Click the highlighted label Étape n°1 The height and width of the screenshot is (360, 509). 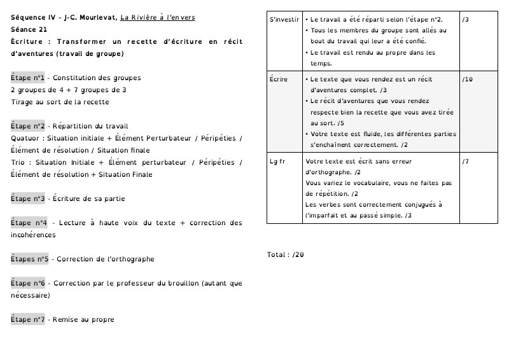click(x=27, y=78)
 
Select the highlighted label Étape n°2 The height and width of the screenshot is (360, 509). click(x=27, y=127)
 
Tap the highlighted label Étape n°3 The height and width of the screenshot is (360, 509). click(x=27, y=199)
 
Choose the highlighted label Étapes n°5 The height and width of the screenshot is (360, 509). click(x=30, y=260)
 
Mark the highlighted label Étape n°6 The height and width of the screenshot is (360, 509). click(x=27, y=284)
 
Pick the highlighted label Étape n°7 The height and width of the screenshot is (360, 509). click(x=27, y=320)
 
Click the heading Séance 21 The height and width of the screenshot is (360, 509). click(x=29, y=30)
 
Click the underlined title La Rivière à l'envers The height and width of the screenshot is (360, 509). click(x=158, y=18)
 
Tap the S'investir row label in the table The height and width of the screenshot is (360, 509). click(x=284, y=20)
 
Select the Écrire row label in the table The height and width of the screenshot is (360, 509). click(x=279, y=80)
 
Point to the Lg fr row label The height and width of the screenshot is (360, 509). click(x=277, y=161)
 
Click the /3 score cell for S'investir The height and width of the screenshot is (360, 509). click(x=466, y=20)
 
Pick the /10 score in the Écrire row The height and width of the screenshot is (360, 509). click(x=468, y=80)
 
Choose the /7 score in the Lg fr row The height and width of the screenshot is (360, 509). click(x=466, y=161)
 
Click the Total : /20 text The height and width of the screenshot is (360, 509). click(x=285, y=255)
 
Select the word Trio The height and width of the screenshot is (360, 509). click(x=19, y=163)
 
